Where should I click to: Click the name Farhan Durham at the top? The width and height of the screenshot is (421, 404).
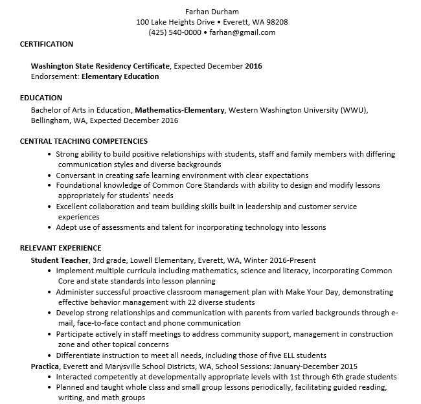coord(212,11)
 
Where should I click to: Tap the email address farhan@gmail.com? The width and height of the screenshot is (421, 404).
coord(243,32)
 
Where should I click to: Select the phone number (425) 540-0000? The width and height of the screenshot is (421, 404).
coord(174,32)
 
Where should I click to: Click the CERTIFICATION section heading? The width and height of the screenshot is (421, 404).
coord(47,44)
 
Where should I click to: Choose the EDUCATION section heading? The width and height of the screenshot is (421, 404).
coord(41,98)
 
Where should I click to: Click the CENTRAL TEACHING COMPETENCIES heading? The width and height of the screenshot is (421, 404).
coord(84,141)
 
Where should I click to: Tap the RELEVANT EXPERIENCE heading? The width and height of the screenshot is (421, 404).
coord(60,248)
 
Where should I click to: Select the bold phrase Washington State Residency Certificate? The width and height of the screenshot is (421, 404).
coord(100,66)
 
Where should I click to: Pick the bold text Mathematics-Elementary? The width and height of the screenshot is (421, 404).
coord(179,110)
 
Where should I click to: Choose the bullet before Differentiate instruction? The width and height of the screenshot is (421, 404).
coord(49,355)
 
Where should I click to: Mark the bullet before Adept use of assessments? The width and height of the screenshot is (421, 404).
coord(49,227)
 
